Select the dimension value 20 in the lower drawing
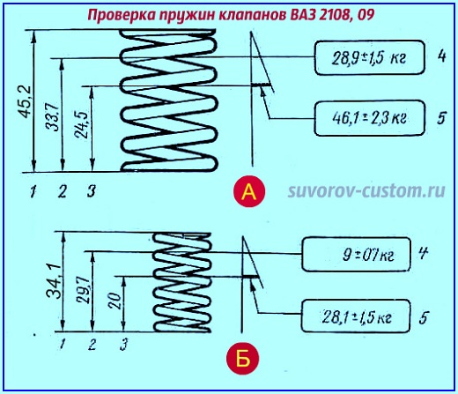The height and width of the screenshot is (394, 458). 114,302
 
